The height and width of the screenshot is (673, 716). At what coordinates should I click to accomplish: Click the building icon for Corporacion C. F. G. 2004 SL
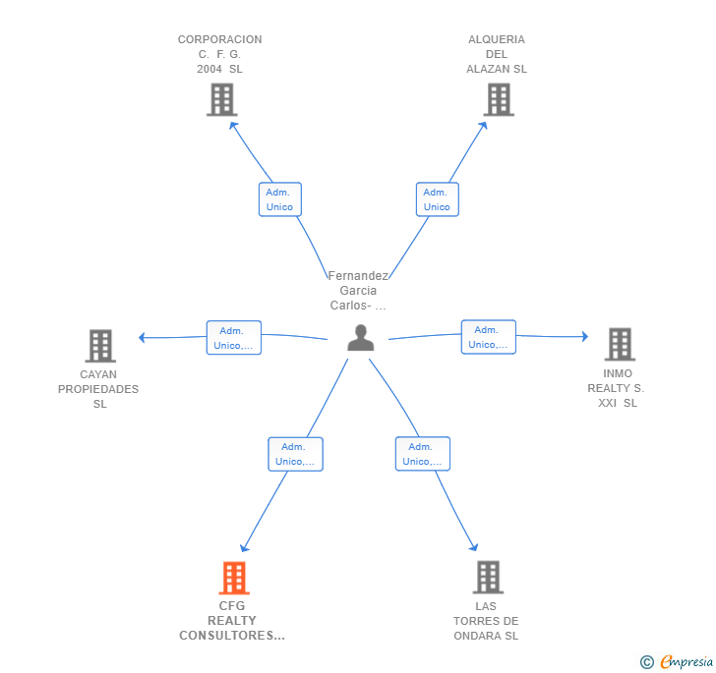pos(222,99)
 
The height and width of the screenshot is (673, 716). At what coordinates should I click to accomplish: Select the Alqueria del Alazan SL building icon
pos(499,99)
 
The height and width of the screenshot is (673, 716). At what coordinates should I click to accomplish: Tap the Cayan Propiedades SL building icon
pos(100,346)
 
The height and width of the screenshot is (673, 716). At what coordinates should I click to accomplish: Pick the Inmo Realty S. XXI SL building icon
pos(620,344)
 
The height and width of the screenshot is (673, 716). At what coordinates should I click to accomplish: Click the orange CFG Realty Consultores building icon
pos(233,578)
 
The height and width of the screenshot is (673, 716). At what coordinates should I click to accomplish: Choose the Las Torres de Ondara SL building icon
pos(488,578)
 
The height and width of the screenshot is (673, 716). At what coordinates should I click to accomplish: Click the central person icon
pos(361,338)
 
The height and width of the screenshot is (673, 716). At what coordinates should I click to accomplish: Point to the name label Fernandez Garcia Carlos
pos(358,291)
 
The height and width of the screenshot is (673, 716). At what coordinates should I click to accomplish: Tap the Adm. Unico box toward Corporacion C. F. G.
pos(279,199)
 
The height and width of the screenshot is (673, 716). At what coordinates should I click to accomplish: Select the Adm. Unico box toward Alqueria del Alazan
pos(437,199)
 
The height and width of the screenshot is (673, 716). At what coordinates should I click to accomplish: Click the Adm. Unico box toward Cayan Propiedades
pos(233,338)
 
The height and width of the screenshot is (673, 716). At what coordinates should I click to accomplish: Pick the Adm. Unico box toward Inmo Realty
pos(489,337)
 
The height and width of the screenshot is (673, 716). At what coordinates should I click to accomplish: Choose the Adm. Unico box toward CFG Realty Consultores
pos(295,454)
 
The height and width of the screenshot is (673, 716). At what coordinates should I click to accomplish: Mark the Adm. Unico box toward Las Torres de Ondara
pos(423,454)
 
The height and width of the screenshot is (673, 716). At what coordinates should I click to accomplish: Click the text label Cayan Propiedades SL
pos(98,389)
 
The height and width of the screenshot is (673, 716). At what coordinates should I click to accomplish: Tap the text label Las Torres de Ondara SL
pos(486,621)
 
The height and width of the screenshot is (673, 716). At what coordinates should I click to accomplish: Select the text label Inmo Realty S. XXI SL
pos(617,388)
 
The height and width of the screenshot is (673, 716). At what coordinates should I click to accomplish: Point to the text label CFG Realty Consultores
pos(232,621)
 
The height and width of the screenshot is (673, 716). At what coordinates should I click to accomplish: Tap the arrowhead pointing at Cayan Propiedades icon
pos(143,338)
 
